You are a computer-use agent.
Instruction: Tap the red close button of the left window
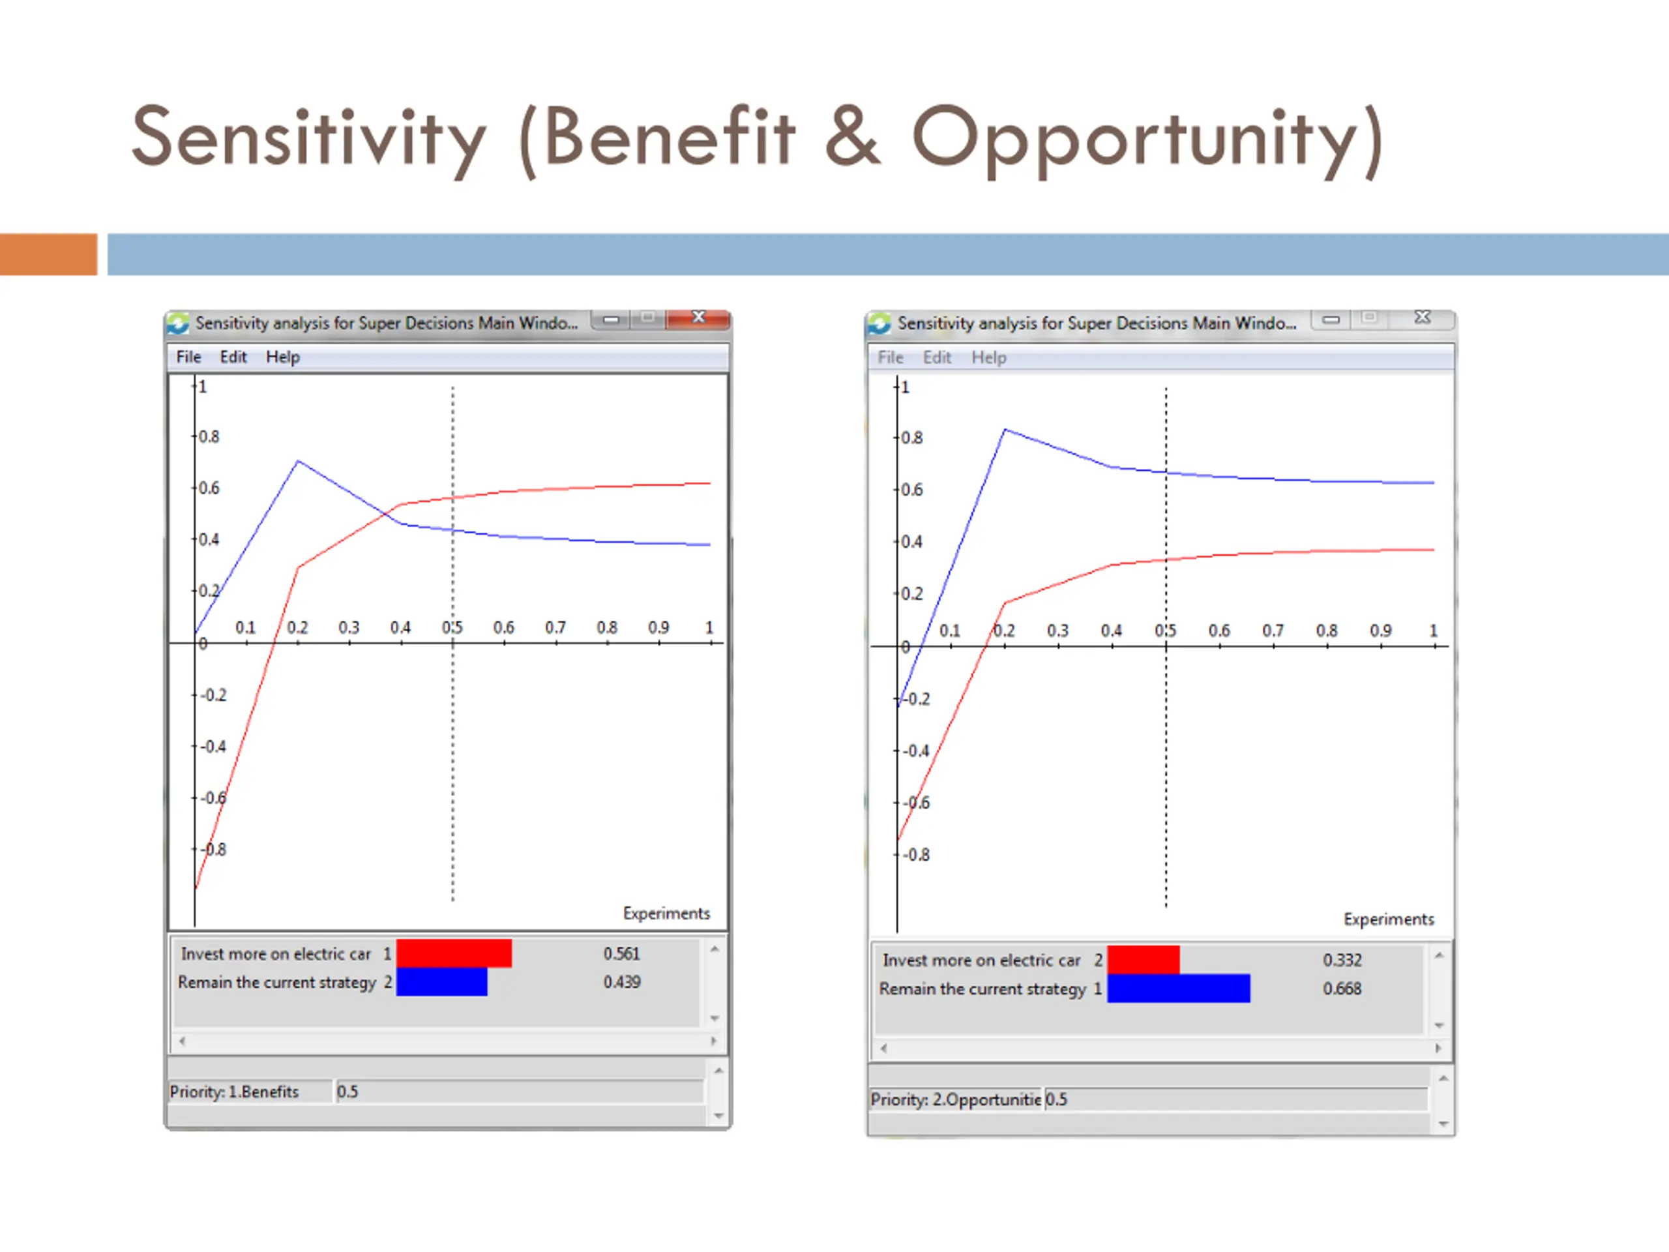pos(699,318)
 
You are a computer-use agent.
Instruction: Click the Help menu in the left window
pos(282,357)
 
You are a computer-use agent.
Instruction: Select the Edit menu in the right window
pos(936,358)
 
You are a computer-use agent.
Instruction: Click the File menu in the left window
pos(188,357)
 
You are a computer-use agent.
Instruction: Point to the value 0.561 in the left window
pos(621,954)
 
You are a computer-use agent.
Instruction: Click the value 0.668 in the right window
pos(1342,989)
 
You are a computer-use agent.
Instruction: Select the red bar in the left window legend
pos(454,953)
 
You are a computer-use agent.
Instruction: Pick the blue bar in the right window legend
pos(1178,989)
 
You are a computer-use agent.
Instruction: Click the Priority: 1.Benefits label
pos(234,1092)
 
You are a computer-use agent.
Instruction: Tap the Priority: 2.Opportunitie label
pos(955,1099)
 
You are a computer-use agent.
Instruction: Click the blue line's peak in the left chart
pos(298,460)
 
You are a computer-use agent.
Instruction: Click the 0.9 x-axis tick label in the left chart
pos(658,628)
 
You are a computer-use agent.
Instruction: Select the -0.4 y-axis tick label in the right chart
pos(917,751)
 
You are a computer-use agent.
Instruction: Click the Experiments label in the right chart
pos(1388,919)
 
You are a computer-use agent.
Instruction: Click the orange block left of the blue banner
pos(48,254)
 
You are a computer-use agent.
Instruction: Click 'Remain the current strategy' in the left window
pos(276,983)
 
